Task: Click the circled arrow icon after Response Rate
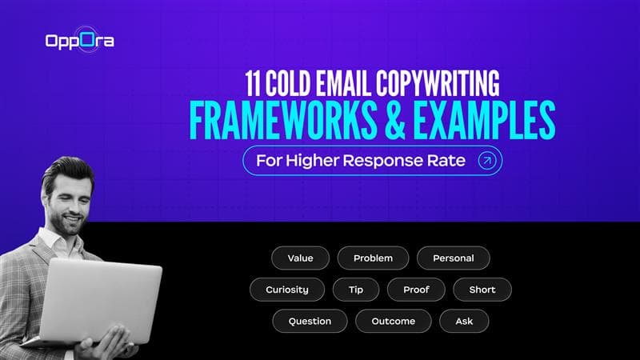point(486,160)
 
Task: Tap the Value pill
point(300,258)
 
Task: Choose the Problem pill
point(373,258)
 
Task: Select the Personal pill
point(453,258)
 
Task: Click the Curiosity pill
point(287,290)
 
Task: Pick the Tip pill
point(355,290)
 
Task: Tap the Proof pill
point(416,290)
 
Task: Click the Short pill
point(482,290)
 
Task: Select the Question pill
point(310,321)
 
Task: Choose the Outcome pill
point(394,321)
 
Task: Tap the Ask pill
point(464,321)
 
